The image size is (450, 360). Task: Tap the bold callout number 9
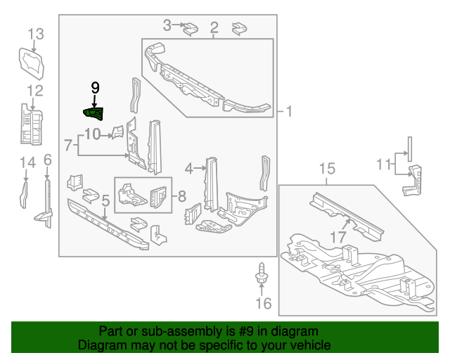(95, 88)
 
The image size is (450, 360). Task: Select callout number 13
(35, 34)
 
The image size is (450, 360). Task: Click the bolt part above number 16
(262, 274)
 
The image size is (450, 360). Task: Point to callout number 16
(262, 304)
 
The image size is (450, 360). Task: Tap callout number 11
(382, 165)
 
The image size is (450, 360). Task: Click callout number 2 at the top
(214, 28)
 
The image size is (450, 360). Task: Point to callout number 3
(167, 26)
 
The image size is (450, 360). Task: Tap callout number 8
(181, 196)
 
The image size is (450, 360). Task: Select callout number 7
(68, 146)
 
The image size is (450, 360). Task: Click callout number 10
(93, 134)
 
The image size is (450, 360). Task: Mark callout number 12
(35, 90)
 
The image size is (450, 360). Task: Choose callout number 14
(27, 163)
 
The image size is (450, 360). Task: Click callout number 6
(47, 160)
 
